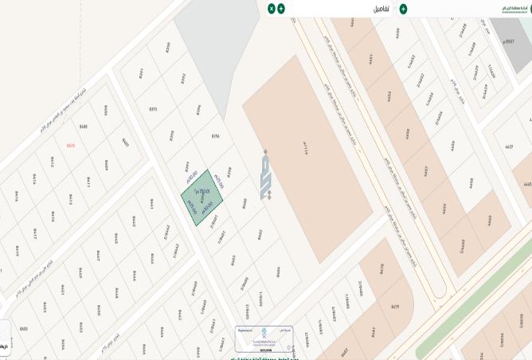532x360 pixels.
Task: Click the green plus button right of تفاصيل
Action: [x=403, y=9]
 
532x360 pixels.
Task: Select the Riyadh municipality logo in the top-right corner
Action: [x=514, y=9]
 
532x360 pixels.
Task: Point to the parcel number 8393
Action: [x=153, y=108]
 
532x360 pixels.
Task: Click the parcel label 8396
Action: [x=215, y=136]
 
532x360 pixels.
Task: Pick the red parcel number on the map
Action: [x=71, y=145]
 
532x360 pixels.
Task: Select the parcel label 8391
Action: [x=141, y=72]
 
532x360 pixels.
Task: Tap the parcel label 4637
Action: [x=509, y=147]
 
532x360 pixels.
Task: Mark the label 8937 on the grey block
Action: [x=510, y=41]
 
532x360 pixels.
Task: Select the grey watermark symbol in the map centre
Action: [x=265, y=174]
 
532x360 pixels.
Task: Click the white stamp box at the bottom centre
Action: [x=264, y=338]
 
